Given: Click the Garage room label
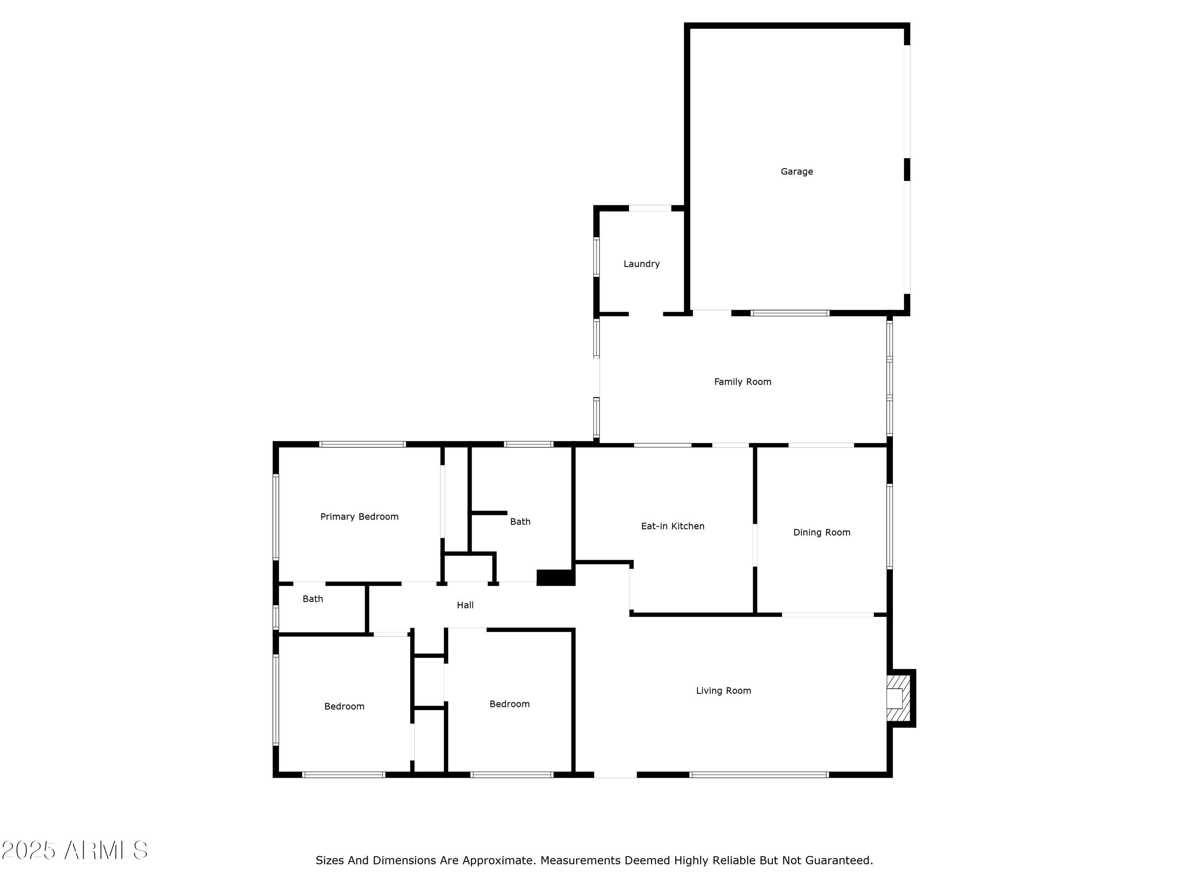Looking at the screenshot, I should click(797, 172).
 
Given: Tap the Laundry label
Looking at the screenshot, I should click(641, 264).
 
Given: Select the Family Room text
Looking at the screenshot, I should click(742, 382).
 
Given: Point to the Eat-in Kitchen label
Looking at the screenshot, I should click(673, 526).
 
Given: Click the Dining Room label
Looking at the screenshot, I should click(821, 532).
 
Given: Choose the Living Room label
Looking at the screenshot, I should click(723, 691).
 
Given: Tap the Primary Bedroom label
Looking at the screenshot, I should click(359, 517).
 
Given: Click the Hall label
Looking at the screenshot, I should click(465, 605).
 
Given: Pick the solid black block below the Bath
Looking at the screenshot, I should click(555, 577).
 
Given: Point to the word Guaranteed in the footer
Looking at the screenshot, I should click(839, 861).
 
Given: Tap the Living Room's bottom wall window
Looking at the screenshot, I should click(759, 775).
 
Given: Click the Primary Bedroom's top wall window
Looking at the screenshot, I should click(362, 444).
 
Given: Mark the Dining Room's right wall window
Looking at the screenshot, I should click(890, 526).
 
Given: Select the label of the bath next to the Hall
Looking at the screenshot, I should click(313, 599).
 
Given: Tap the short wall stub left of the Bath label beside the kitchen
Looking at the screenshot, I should click(488, 513).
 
